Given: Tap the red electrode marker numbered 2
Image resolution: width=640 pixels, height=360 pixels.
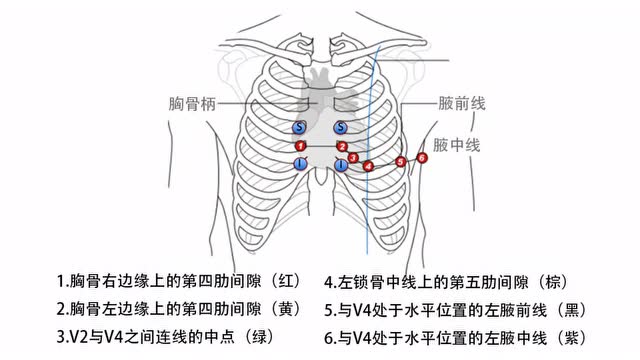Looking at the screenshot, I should click(x=341, y=146).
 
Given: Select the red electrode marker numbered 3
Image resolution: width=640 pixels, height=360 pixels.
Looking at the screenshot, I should click(x=353, y=158).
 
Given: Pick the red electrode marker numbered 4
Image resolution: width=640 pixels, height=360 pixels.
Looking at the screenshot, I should click(x=368, y=166).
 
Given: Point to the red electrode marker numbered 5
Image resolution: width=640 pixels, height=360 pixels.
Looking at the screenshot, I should click(x=401, y=161).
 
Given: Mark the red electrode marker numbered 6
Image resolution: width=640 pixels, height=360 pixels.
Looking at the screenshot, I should click(x=422, y=157).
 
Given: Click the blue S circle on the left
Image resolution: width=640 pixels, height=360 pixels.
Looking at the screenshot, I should click(x=299, y=128).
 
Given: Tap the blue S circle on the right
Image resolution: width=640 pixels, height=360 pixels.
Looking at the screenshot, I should click(x=341, y=128).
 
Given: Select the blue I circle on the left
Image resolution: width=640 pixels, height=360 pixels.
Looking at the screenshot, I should click(x=299, y=163).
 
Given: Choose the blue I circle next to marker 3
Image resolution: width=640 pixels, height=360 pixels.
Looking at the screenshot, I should click(x=341, y=164).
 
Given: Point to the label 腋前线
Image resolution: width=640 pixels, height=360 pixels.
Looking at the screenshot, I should click(x=461, y=103).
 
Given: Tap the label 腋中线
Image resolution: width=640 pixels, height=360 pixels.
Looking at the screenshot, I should click(x=459, y=145).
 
